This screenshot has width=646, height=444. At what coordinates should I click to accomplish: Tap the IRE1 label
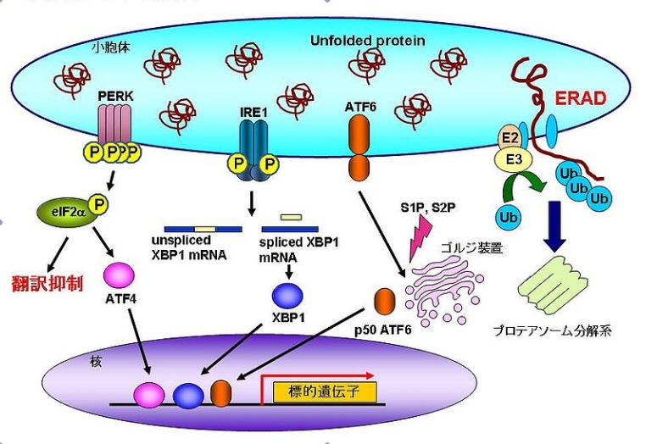click(253, 110)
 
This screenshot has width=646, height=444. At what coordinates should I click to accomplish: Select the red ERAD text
click(581, 98)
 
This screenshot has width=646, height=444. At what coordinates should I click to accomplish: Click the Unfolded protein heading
click(368, 40)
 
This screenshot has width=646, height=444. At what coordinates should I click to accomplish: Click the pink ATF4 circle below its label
click(118, 275)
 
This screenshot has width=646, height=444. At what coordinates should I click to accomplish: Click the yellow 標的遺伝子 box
click(325, 392)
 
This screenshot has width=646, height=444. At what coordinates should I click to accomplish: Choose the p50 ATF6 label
click(382, 328)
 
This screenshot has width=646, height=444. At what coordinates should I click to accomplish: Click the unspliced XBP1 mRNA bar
click(203, 229)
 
